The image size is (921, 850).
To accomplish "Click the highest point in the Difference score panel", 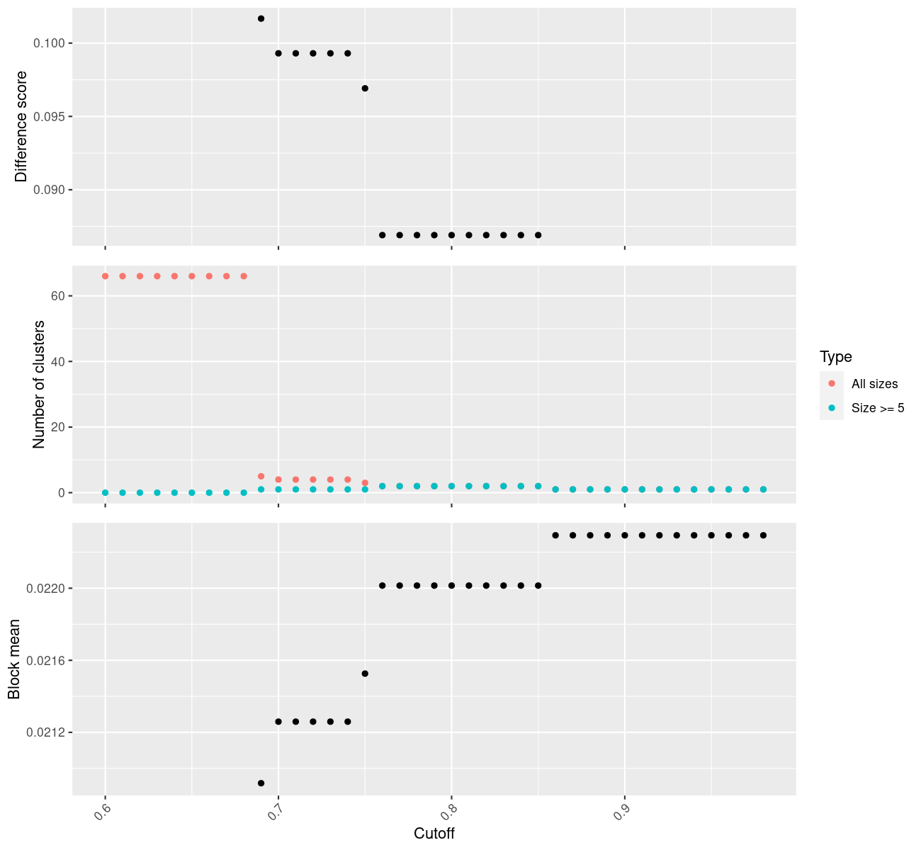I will click(261, 18).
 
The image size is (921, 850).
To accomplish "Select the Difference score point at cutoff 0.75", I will click(365, 89).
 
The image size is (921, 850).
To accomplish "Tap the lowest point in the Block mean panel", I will click(261, 783).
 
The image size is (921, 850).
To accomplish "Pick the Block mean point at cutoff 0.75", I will click(365, 674).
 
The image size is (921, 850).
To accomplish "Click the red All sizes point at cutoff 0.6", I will click(106, 276).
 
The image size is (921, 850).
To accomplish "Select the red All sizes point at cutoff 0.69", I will click(261, 476).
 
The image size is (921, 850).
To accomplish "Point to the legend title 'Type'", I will click(836, 357).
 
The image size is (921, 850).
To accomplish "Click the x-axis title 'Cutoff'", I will click(434, 834).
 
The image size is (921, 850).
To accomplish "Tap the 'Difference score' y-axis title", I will click(21, 127).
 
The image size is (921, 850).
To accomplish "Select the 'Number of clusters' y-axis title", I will click(39, 385).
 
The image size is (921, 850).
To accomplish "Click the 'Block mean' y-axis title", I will click(14, 659).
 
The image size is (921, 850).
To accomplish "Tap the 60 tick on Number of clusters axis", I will click(58, 296).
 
